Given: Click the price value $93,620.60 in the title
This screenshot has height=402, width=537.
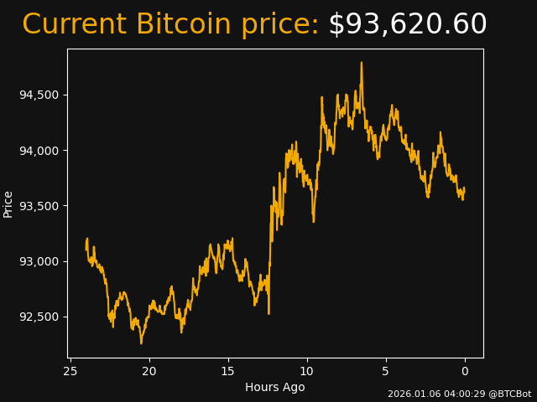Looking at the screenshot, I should (407, 25).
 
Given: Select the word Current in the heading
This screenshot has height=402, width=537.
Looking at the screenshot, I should (75, 25).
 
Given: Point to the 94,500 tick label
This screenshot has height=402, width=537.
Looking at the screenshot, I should (39, 95).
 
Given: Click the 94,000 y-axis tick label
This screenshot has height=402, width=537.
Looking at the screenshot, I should (39, 151).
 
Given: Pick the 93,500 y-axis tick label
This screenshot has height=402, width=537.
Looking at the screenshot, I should (39, 206).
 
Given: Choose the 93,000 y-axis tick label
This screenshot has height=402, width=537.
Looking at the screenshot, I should (39, 261).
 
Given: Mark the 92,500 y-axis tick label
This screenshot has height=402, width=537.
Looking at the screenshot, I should (39, 317).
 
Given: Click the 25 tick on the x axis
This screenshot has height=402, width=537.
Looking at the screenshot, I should (70, 371).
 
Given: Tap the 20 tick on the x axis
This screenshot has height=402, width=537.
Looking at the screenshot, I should (149, 371).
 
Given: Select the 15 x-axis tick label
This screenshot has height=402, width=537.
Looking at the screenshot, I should (227, 371).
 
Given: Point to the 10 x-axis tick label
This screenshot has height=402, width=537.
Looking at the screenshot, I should (306, 371).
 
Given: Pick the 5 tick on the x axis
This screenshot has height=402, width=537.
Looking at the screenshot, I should (386, 371).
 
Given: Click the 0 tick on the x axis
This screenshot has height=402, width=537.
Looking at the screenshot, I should (465, 371).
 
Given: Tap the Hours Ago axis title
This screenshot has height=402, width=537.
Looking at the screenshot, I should (274, 387).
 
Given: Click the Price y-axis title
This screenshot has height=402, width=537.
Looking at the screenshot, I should (8, 204).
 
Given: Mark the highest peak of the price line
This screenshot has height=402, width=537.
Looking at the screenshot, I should (362, 63).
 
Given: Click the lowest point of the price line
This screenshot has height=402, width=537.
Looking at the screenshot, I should (141, 343).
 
